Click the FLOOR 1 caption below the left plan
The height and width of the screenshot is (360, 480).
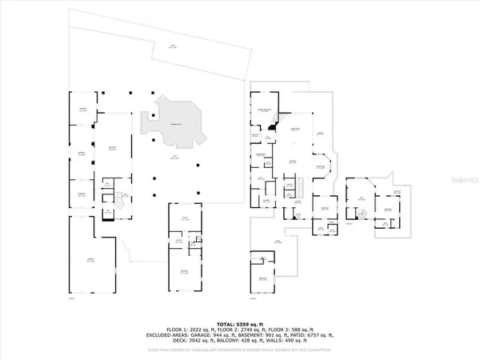[71, 298]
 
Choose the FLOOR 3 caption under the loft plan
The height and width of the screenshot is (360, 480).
[350, 225]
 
